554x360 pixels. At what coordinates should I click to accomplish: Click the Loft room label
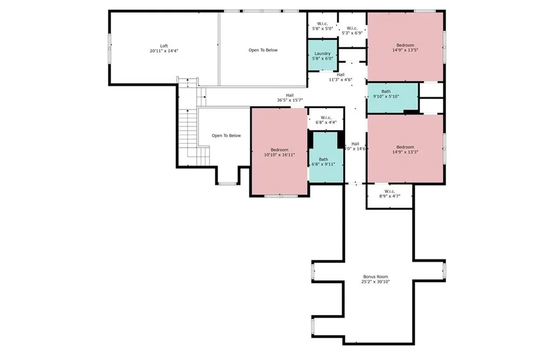click(x=163, y=46)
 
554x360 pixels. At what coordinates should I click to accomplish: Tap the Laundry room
click(x=322, y=56)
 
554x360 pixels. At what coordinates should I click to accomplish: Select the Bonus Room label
click(x=376, y=277)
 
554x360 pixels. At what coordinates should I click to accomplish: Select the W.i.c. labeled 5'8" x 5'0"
click(x=322, y=25)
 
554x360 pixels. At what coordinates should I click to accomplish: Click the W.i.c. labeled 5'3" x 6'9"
click(x=352, y=30)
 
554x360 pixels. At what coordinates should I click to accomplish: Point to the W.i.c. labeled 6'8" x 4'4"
click(x=326, y=120)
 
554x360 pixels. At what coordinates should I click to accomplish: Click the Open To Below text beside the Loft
click(x=263, y=50)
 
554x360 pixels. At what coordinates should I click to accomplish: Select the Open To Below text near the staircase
click(x=226, y=136)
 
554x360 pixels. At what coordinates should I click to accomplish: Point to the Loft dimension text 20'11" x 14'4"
click(x=163, y=51)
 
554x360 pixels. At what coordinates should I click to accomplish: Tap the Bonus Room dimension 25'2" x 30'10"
click(x=376, y=282)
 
